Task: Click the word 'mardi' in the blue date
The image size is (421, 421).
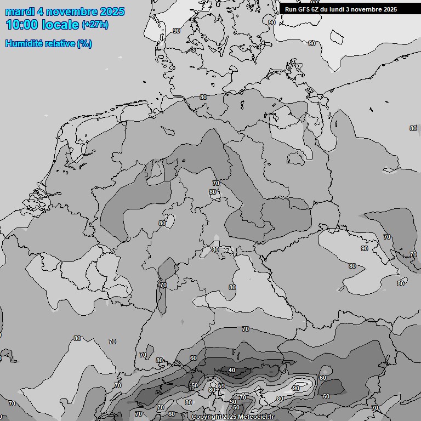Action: [19, 12]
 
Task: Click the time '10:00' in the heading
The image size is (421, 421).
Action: [21, 25]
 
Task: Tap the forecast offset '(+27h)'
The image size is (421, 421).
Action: [95, 25]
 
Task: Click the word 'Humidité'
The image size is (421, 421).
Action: [23, 44]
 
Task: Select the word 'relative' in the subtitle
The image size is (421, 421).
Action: [59, 44]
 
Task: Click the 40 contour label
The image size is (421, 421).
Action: [232, 371]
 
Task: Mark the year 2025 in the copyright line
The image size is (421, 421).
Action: [230, 417]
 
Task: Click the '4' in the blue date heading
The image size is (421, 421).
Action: [41, 12]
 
